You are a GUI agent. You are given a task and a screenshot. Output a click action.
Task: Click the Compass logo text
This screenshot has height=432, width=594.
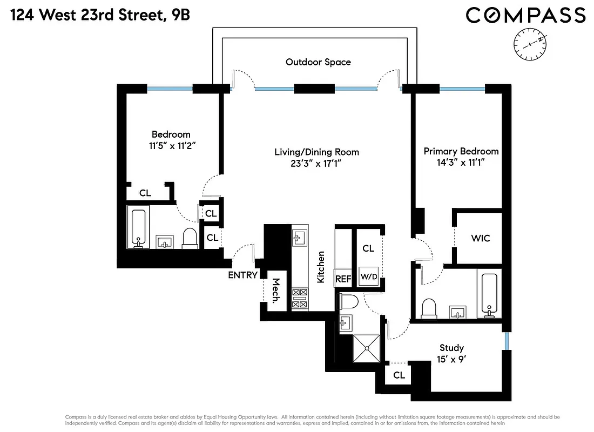525,15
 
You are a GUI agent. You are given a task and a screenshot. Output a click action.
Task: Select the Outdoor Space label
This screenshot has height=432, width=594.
318,62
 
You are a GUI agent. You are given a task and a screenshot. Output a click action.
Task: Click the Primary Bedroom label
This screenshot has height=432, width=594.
461,151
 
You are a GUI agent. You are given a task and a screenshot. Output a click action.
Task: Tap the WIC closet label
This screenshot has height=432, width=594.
480,238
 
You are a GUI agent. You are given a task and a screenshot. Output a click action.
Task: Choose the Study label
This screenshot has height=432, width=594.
451,348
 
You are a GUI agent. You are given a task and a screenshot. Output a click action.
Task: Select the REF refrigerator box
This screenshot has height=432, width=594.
343,279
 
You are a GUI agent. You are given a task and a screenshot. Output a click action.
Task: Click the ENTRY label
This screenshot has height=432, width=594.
242,275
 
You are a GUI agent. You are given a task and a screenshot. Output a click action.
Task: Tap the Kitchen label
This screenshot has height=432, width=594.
321,267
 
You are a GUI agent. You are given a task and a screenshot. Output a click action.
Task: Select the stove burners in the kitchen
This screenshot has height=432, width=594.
299,299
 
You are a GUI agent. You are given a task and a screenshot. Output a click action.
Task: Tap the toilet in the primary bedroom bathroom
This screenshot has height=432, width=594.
430,308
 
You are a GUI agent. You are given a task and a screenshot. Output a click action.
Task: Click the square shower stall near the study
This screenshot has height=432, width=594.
366,350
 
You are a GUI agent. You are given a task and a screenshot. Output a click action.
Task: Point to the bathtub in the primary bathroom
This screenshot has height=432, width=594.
489,296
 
